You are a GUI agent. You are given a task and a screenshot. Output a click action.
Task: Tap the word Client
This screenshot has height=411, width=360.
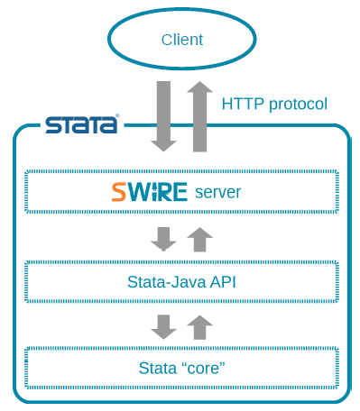click(x=181, y=40)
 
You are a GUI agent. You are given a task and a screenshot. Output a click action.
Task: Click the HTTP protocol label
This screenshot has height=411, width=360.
click(x=273, y=104)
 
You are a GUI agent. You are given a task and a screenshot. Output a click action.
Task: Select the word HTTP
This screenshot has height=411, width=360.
click(x=241, y=104)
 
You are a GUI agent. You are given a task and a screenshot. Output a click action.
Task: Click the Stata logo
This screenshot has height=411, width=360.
click(x=81, y=124)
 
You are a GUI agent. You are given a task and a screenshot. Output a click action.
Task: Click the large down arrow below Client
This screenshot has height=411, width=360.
click(x=163, y=115)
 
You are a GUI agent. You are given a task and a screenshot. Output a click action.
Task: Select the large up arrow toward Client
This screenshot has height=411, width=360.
click(x=199, y=115)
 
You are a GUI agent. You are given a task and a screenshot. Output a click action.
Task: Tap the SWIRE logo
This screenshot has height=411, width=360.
click(x=149, y=192)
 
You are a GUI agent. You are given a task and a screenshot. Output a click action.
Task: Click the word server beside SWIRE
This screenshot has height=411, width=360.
click(x=218, y=192)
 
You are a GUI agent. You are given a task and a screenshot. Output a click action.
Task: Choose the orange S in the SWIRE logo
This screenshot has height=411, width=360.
click(x=120, y=192)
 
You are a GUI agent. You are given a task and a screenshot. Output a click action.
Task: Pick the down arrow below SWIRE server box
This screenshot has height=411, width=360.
click(x=163, y=239)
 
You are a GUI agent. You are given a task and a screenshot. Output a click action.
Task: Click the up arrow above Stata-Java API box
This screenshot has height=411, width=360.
click(x=199, y=239)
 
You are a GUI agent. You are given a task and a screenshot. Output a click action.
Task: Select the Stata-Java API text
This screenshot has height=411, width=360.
click(x=181, y=280)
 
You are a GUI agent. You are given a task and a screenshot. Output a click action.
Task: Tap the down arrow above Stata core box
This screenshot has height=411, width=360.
click(x=163, y=326)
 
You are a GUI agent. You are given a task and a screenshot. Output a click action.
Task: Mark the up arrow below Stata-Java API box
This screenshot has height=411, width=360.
click(x=199, y=326)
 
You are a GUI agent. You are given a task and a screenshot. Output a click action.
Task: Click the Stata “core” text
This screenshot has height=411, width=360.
click(x=181, y=368)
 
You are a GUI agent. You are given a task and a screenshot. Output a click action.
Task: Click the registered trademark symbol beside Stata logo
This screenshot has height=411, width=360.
click(x=116, y=116)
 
